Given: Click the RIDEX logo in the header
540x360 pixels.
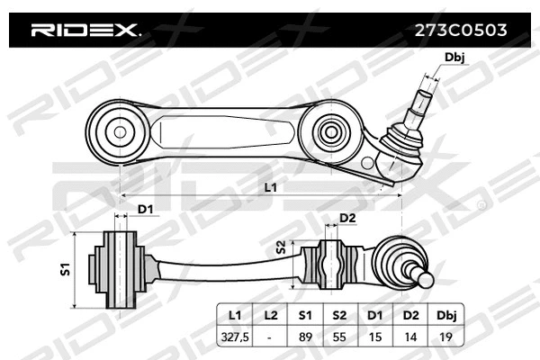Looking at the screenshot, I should (x=85, y=31).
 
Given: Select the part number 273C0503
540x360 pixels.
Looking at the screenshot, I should (x=460, y=29).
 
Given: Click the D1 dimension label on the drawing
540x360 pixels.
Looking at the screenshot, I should (x=145, y=211).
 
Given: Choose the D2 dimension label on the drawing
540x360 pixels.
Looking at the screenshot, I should (x=347, y=218).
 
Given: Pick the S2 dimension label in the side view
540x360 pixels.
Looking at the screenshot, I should (x=281, y=247).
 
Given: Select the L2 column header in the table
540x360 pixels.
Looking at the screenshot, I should (x=271, y=316).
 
